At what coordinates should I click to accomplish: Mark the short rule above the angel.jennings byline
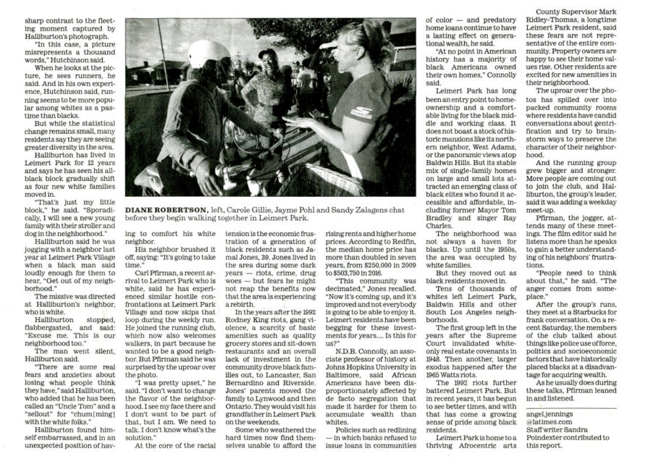pos(550,408)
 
